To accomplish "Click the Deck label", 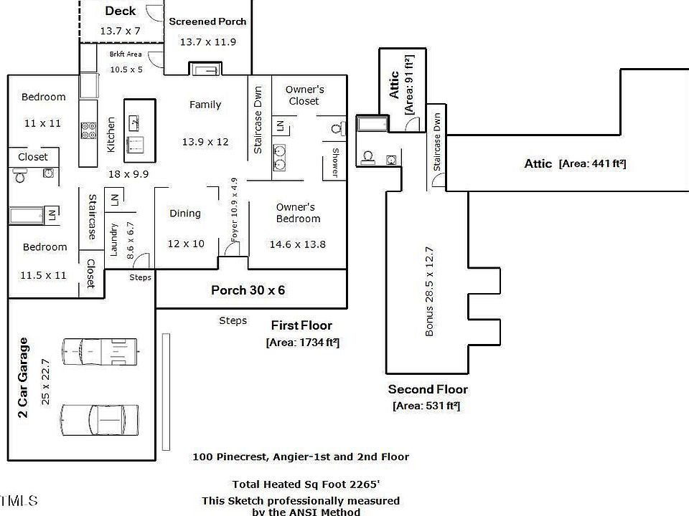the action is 121,11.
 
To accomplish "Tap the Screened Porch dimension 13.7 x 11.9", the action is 208,42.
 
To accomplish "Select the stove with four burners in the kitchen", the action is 88,130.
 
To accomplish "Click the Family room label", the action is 205,105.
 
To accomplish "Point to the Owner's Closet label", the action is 304,95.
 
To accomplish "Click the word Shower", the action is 335,163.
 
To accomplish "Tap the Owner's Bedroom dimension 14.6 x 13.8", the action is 297,244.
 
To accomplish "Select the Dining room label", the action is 185,214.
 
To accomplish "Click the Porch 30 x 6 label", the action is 248,290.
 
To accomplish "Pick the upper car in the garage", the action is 100,351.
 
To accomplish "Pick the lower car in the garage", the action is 100,420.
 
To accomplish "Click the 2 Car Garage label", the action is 23,378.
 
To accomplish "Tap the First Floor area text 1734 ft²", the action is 303,343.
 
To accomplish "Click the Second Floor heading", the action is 428,389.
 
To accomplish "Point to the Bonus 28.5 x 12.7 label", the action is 429,292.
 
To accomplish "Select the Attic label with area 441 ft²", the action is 575,163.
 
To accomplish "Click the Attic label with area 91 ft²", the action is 401,85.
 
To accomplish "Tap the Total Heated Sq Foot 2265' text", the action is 306,484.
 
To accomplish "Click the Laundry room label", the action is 113,239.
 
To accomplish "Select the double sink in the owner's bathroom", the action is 279,158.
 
